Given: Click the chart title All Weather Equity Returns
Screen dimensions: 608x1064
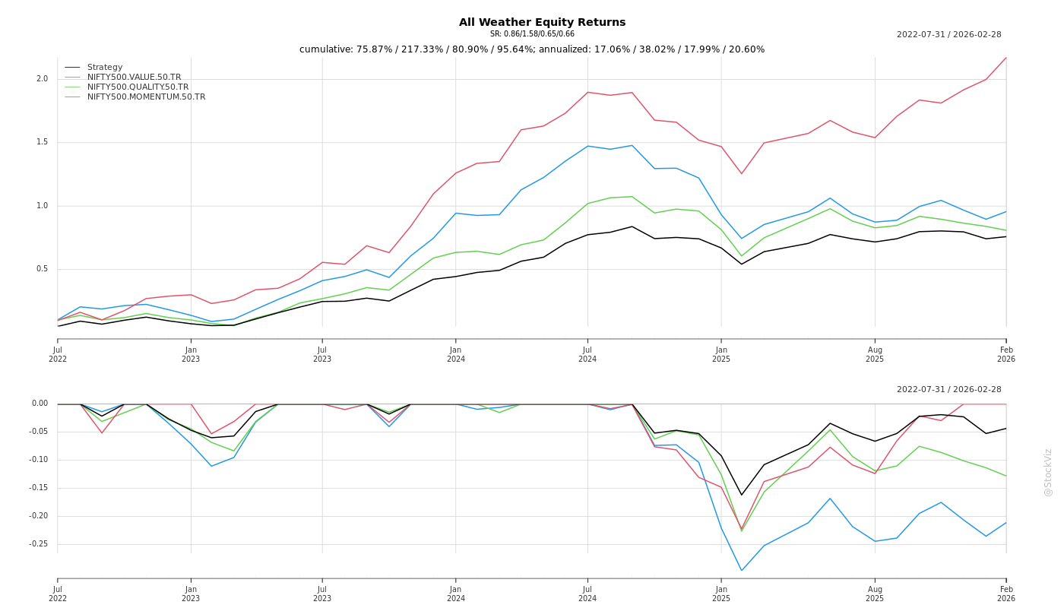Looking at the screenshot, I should (542, 23).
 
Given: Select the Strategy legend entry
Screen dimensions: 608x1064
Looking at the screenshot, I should (104, 68).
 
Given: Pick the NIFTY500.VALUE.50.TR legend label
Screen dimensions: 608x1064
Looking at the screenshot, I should (134, 78).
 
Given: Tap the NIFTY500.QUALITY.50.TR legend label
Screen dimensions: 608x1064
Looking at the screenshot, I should (138, 87).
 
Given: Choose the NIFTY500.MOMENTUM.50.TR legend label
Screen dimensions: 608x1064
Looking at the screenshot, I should (146, 97).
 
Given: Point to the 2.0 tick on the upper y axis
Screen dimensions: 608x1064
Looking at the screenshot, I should (42, 79).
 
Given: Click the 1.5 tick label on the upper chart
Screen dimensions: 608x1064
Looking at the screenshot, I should (42, 142).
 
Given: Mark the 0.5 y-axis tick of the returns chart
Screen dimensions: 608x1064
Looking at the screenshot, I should (42, 269).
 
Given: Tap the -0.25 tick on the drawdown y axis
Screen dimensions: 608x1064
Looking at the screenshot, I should (38, 544).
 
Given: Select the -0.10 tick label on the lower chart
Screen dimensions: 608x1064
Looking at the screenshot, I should (38, 460).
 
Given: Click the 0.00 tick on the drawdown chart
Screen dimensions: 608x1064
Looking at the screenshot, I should (40, 404).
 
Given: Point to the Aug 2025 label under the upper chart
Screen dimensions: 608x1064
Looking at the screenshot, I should (875, 354).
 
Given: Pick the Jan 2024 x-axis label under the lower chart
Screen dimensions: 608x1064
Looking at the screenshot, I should (456, 594).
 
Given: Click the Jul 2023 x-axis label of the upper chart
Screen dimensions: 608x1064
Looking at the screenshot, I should (322, 354).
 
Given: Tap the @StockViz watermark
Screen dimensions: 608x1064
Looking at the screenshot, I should (1048, 472).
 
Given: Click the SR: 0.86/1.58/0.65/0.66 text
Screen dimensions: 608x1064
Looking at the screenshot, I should (532, 34).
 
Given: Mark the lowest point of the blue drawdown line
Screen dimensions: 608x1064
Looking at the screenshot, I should (742, 570).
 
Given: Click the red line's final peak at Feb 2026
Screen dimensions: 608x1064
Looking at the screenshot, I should (1005, 58).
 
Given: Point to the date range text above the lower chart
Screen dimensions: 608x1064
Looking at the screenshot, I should (948, 390).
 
